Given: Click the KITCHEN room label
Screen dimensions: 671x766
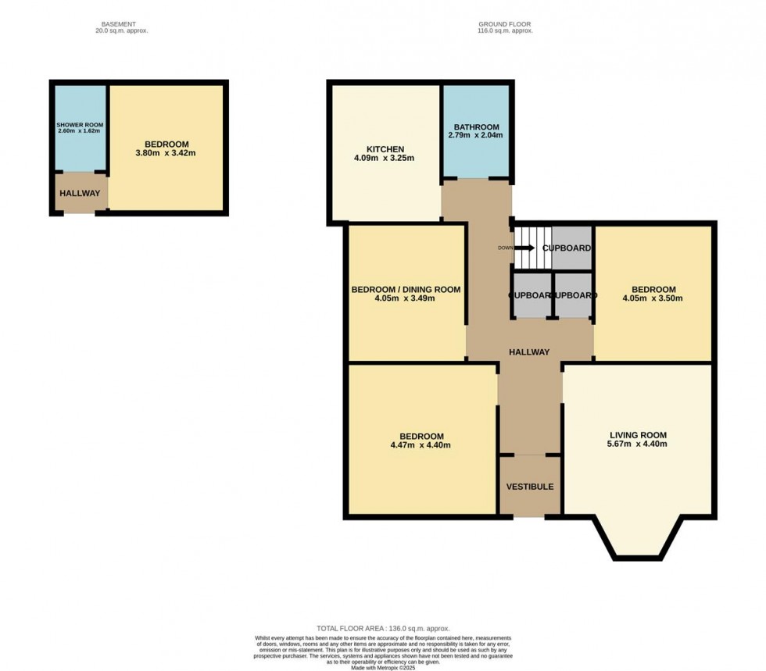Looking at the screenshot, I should click(385, 149).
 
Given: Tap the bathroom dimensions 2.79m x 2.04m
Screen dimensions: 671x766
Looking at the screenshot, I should click(474, 136).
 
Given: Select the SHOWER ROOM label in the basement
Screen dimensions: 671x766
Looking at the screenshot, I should click(79, 125).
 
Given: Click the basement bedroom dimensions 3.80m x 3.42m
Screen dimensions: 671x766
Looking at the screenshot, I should click(166, 153).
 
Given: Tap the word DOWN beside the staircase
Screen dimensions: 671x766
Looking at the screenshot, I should click(504, 248).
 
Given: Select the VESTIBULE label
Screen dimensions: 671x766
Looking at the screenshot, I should click(529, 487).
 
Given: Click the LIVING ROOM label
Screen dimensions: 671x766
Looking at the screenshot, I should click(638, 435).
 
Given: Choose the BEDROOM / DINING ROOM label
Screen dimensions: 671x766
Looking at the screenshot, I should click(406, 289).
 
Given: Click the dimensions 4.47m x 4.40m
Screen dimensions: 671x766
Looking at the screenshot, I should click(421, 446).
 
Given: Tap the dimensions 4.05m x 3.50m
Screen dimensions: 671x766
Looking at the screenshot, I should click(653, 298).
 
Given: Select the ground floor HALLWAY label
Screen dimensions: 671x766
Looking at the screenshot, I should click(529, 352).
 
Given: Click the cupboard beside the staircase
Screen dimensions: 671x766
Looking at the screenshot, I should click(571, 248).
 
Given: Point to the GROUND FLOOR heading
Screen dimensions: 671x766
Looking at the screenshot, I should click(504, 24).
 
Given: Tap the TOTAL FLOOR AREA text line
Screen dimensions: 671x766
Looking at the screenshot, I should click(383, 628).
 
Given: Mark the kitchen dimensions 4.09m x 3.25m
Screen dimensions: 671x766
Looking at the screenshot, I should click(385, 159).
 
